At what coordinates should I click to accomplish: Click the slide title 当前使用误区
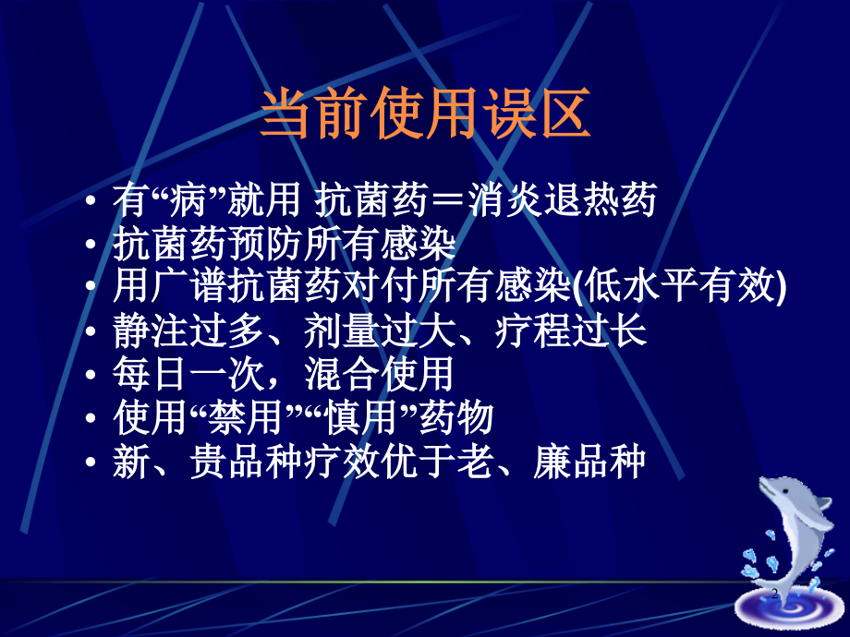click(x=424, y=115)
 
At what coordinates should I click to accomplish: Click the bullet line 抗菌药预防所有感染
click(x=285, y=245)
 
